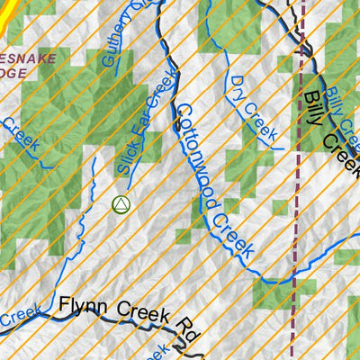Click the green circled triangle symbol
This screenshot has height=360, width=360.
[121, 205]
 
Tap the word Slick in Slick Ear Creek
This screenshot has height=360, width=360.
[126, 157]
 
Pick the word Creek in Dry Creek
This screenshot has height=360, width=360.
[260, 121]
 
